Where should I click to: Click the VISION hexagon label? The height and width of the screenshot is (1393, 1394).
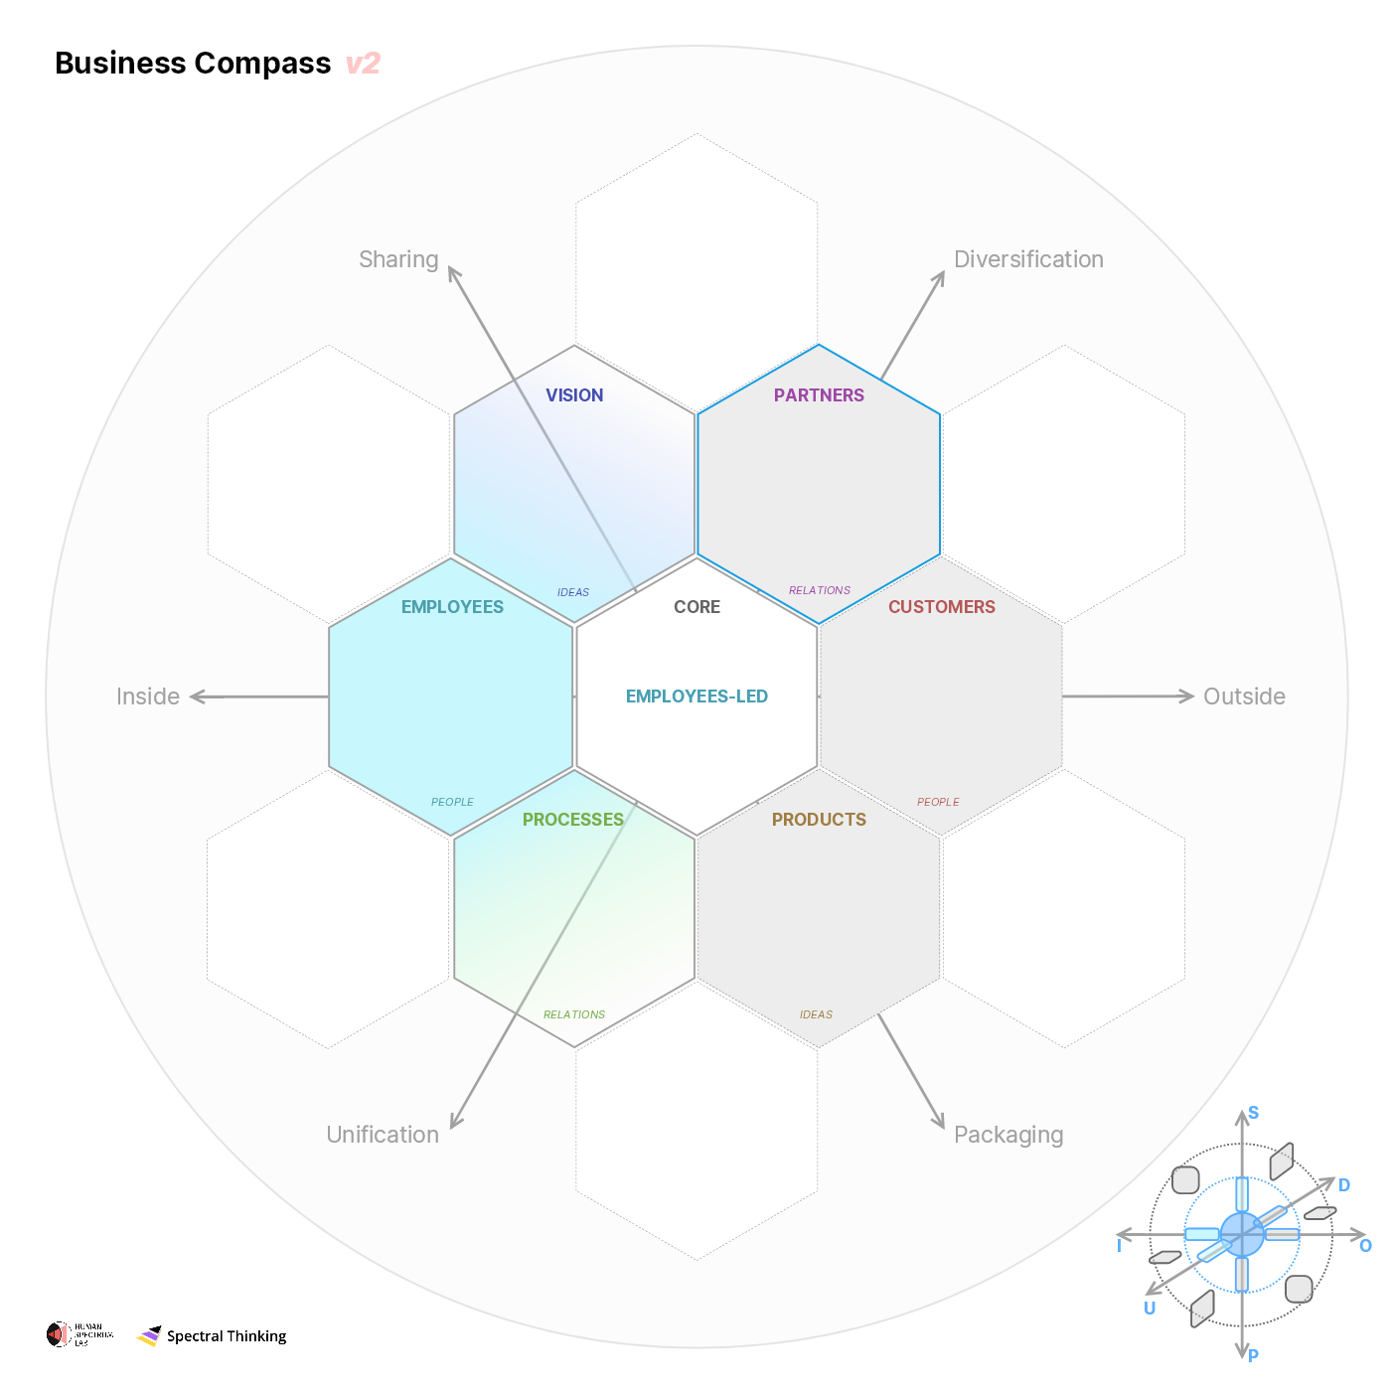(574, 395)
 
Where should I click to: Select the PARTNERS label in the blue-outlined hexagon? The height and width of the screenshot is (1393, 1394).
(819, 395)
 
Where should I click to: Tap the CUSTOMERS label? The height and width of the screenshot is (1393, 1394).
(941, 607)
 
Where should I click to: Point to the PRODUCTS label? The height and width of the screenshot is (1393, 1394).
(819, 820)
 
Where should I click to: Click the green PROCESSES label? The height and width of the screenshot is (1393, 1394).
(573, 820)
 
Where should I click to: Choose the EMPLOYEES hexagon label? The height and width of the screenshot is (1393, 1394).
(452, 607)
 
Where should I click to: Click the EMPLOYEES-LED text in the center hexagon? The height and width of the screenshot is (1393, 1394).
(697, 696)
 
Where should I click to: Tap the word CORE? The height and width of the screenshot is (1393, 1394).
(697, 607)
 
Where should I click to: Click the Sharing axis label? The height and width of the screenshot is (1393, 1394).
(398, 259)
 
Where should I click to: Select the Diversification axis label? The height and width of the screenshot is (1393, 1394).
(1028, 259)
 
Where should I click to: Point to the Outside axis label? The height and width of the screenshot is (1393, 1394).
(1244, 696)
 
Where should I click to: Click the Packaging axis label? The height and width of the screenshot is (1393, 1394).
(1008, 1135)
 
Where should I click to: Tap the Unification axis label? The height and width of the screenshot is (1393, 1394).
(383, 1135)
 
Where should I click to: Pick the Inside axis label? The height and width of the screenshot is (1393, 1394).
(148, 696)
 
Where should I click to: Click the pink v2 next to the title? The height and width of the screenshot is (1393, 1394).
(363, 64)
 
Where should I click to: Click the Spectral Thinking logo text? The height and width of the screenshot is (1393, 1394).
(227, 1336)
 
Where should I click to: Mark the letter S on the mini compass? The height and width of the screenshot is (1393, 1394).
(1254, 1113)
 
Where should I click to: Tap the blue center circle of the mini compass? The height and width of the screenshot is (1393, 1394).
(1242, 1234)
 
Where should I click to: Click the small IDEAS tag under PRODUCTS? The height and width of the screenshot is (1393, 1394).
(816, 1014)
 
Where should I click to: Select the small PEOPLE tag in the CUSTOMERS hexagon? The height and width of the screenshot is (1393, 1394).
(938, 802)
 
